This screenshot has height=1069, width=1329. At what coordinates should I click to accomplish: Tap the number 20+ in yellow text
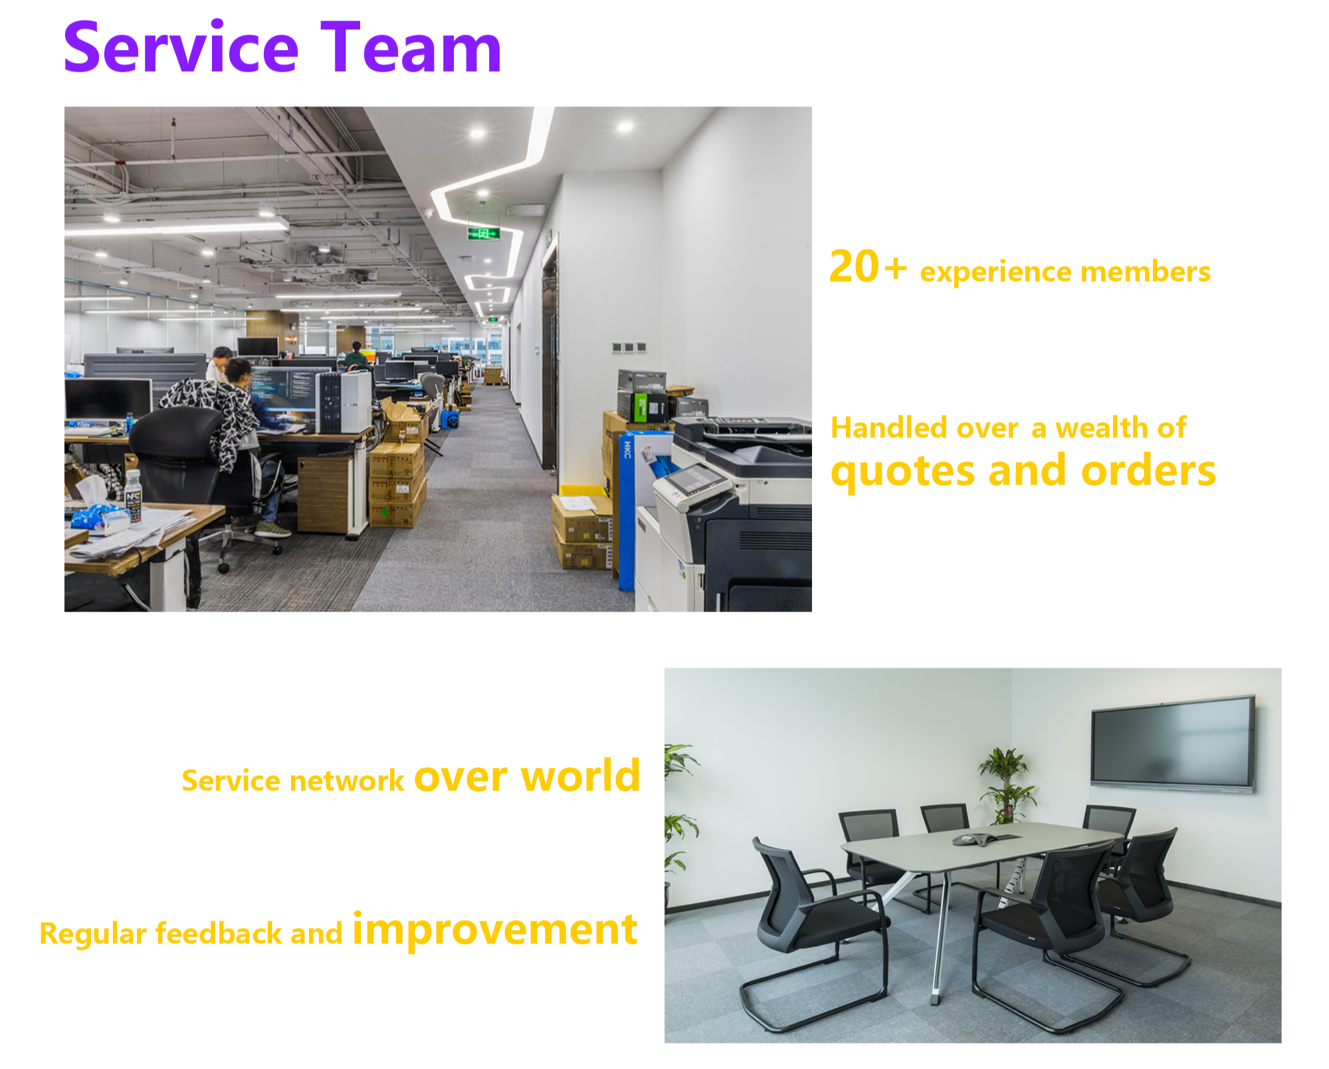pos(868,267)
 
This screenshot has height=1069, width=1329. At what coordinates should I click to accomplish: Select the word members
pos(1145,272)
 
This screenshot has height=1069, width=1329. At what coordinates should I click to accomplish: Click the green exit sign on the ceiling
pos(483,233)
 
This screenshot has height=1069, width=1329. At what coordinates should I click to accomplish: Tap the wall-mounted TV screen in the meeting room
pos(1173,743)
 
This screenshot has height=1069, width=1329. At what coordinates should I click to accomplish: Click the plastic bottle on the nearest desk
pos(133,497)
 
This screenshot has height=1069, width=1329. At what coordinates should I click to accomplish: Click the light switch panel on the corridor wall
pos(628,347)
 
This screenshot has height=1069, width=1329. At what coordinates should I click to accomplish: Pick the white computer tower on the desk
pos(344,402)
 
